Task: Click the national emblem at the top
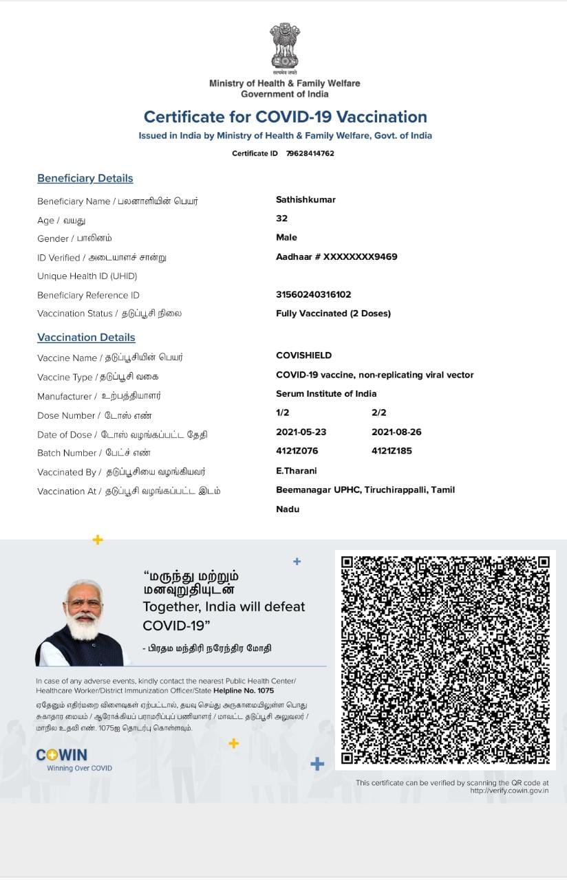pos(284,46)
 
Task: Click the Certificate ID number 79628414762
pos(310,153)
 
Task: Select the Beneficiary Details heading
pos(85,178)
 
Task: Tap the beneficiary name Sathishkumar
pos(306,199)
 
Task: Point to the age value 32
pos(281,219)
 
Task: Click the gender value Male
pos(286,237)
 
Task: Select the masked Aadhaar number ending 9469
pos(336,256)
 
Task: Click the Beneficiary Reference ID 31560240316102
pos(313,294)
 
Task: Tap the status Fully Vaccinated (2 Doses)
pos(333,313)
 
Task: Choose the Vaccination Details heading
pos(86,338)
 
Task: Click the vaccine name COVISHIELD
pos(303,355)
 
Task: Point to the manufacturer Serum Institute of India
pos(326,394)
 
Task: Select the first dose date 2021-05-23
pos(301,432)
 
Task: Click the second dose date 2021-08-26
pos(396,432)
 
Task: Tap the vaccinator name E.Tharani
pos(297,471)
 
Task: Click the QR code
pos(445,659)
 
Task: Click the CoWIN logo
pos(62,755)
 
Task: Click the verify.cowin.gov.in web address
pos(510,791)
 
